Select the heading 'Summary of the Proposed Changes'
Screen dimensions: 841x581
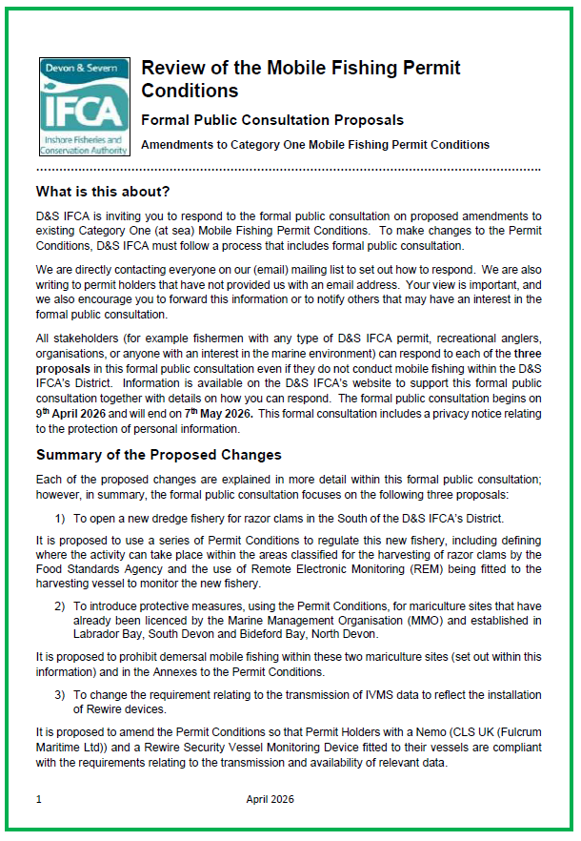point(158,455)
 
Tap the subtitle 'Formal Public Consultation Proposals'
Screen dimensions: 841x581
point(271,120)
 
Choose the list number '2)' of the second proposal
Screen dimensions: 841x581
point(59,605)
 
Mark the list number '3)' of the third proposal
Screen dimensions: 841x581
point(59,694)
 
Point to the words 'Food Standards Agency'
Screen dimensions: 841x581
point(93,569)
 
